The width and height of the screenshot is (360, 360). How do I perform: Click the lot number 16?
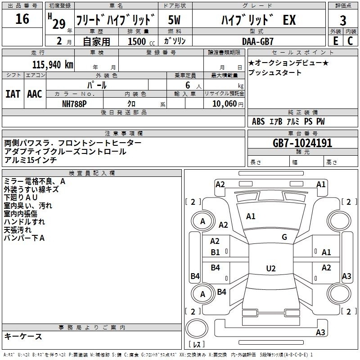point(22,19)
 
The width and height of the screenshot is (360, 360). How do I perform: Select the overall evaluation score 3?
point(343,20)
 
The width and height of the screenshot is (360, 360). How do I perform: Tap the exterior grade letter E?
point(335,41)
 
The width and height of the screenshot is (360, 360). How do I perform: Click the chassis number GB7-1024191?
point(302,144)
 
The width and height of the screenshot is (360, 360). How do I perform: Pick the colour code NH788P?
point(75,103)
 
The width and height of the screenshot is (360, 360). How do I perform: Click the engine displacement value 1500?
point(138,41)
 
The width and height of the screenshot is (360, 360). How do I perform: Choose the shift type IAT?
point(13,94)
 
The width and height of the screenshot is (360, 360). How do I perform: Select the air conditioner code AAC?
point(35,94)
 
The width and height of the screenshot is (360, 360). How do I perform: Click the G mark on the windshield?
point(284,237)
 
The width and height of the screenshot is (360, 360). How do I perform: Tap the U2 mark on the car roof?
point(270,268)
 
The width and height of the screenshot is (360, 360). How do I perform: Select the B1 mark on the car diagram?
point(216,252)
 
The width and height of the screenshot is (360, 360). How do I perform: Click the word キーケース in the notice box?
point(23,336)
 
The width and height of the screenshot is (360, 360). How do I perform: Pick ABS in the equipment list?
point(258,121)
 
